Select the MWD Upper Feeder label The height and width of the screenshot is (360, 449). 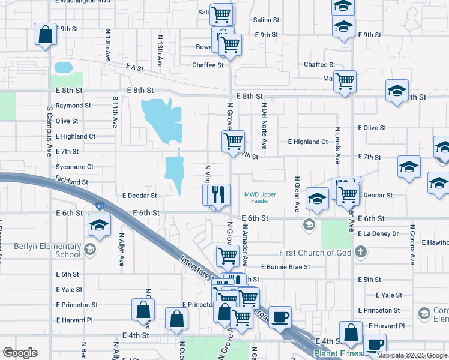[261, 198]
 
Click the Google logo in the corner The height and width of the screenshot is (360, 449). [20, 353]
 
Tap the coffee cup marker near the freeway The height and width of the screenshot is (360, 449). [280, 316]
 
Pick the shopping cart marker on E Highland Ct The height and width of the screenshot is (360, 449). [233, 142]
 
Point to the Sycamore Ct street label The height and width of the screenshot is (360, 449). [74, 167]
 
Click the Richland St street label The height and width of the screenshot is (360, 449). [71, 181]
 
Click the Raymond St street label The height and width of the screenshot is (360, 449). [73, 106]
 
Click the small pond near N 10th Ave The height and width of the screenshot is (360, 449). [62, 67]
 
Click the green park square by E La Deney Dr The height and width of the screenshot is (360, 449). [335, 234]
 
